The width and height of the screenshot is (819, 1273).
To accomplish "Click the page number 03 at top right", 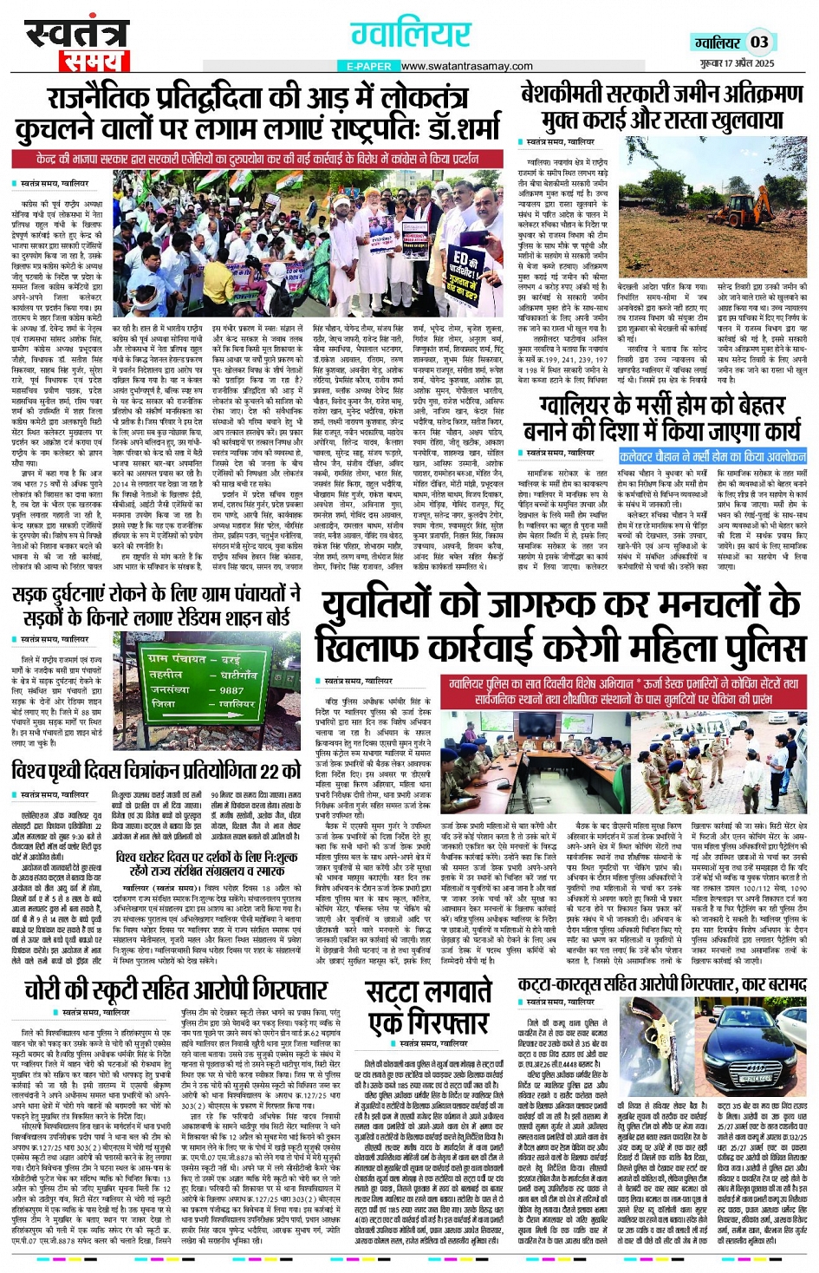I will [759, 42].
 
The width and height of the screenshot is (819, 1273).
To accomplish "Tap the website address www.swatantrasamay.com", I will [466, 66].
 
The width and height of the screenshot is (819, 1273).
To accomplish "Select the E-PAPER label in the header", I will [369, 66].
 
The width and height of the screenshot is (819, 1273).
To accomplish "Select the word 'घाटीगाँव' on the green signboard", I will [238, 674].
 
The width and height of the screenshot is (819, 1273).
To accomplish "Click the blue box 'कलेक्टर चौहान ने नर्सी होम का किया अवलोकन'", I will [712, 456].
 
